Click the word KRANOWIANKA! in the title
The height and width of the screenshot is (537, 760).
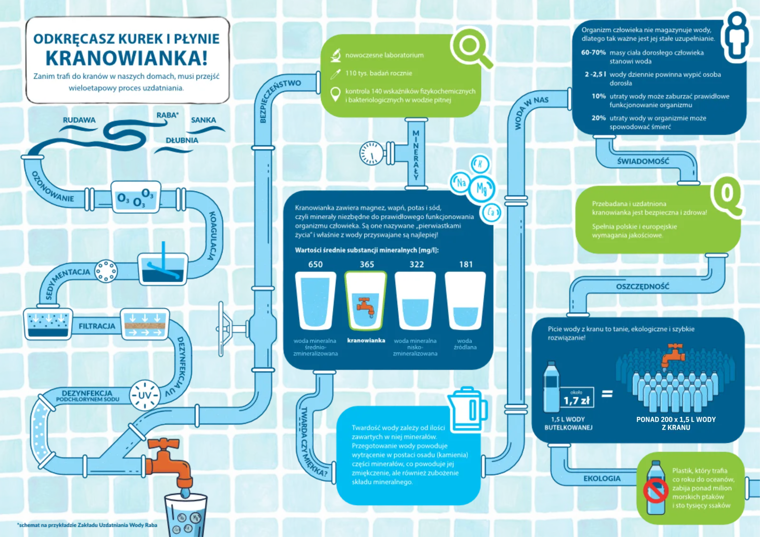(x=126, y=57)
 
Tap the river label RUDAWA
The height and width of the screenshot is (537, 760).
(x=79, y=120)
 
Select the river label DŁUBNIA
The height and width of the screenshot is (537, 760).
(x=182, y=140)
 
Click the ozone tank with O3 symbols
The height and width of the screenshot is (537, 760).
(x=136, y=197)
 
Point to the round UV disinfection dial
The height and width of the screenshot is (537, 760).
(x=144, y=395)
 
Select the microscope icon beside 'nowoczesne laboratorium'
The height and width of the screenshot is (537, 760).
(x=335, y=55)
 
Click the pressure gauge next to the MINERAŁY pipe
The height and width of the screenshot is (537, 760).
(x=371, y=153)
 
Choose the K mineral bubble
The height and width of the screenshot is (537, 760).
(x=480, y=164)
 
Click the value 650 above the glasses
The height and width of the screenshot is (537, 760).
(x=315, y=264)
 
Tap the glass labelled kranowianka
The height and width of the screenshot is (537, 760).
(x=366, y=301)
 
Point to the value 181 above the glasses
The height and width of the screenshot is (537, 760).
(x=466, y=264)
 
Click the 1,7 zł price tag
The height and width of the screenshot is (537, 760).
(x=577, y=397)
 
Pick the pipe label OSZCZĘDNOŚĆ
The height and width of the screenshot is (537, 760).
(x=643, y=287)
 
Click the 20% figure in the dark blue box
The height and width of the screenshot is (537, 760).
(x=598, y=118)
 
